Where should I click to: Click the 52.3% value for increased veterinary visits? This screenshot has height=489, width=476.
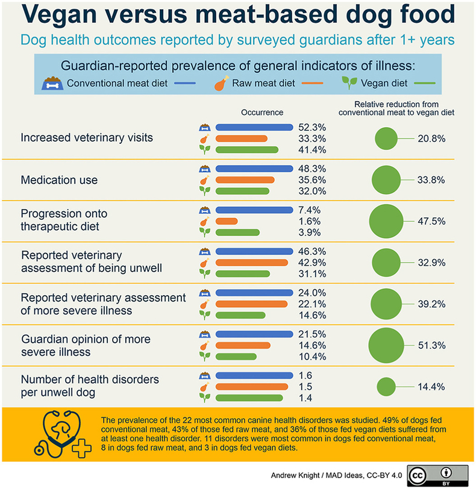(x=312, y=128)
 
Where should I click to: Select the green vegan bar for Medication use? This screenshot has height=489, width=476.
(x=241, y=191)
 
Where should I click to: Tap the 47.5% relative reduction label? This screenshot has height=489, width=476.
(x=431, y=221)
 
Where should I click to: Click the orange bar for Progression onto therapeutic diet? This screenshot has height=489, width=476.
(x=227, y=221)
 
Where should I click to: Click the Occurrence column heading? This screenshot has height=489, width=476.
(x=262, y=113)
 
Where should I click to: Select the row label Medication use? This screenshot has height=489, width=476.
(x=59, y=180)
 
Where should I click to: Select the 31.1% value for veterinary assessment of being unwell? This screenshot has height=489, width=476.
(x=312, y=273)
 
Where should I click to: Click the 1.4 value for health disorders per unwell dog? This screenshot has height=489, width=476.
(x=306, y=397)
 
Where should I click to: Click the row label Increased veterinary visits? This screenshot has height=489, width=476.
(x=87, y=138)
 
